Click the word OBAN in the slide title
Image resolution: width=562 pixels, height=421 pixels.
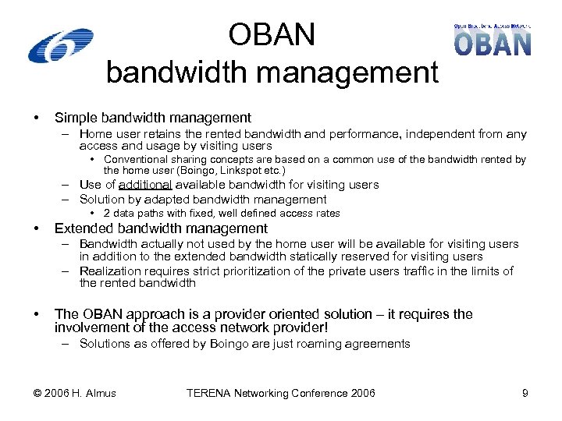point(272,35)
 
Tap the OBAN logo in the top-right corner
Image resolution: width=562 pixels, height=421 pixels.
point(493,41)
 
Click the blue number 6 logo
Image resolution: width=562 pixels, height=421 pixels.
point(60,45)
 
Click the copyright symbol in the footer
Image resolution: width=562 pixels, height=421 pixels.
point(37,393)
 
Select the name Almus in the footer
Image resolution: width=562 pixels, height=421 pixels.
point(100,393)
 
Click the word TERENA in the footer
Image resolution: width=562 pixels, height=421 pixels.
point(210,393)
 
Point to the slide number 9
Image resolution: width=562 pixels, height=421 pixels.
point(525,393)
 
